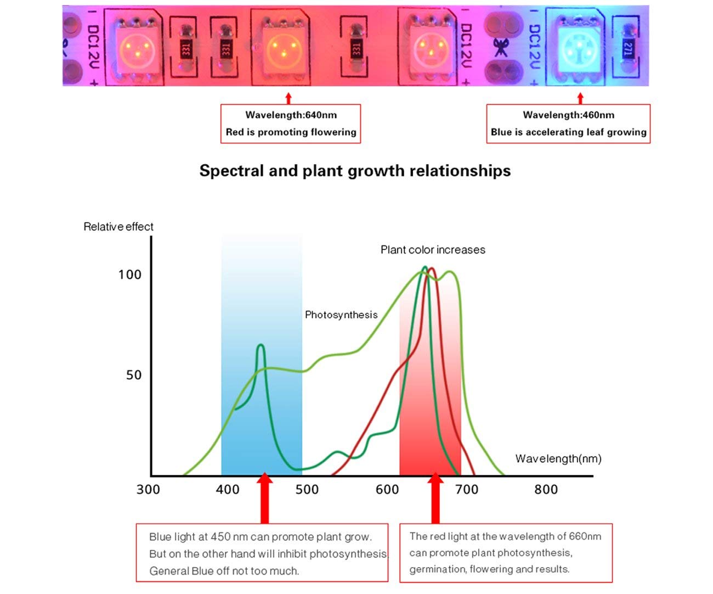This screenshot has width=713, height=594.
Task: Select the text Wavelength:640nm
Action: coord(291,115)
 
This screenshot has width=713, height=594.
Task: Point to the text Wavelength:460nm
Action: coord(568,115)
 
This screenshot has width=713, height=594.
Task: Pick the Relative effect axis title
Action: coord(118,227)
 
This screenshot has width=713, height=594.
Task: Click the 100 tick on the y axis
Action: coord(129,274)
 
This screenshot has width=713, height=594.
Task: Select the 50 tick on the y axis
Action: coord(133,375)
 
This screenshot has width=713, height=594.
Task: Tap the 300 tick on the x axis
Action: coord(148,489)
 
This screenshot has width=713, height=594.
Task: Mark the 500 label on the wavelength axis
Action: coord(307,489)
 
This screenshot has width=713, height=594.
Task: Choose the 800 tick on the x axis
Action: coord(546,489)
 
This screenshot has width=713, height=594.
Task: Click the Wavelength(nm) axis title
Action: coord(558,458)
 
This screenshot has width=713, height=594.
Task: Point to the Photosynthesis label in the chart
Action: coord(341,315)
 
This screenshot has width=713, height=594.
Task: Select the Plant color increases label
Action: coord(433,250)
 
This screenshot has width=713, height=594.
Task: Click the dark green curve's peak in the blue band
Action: coord(261,346)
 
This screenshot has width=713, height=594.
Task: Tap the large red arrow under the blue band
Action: coord(264,497)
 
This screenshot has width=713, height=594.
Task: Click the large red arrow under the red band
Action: coord(435,497)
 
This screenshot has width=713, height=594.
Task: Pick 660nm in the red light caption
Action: coord(585,536)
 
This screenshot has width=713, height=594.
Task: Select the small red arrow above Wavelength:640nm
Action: coord(289,98)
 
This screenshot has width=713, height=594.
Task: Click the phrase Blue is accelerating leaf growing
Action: coord(568,132)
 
